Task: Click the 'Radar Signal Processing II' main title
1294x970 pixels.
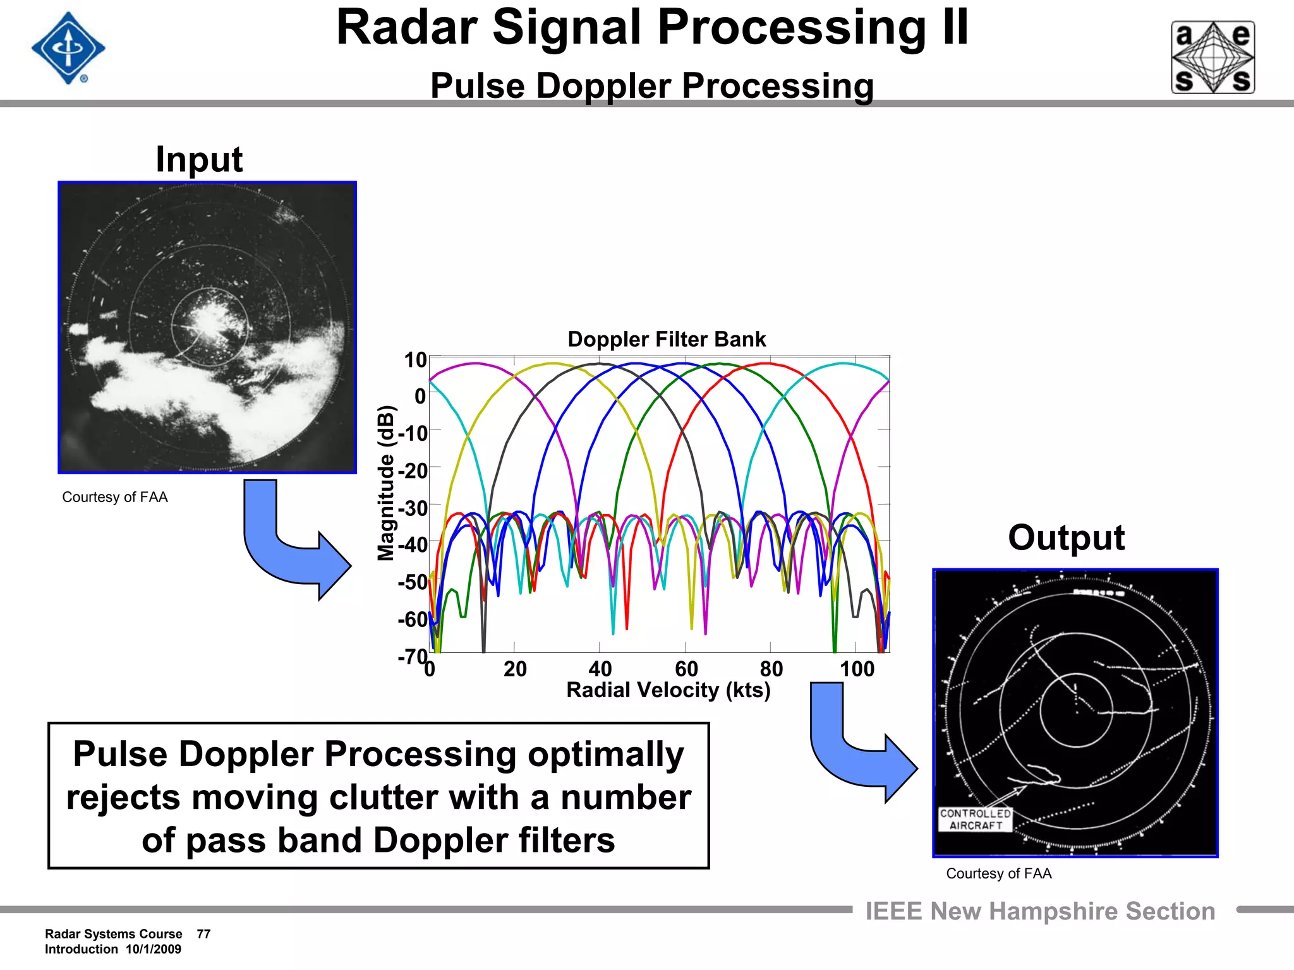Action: pyautogui.click(x=652, y=28)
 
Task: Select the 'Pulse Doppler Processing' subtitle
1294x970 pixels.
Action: pyautogui.click(x=652, y=86)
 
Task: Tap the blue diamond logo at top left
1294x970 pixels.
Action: pyautogui.click(x=68, y=48)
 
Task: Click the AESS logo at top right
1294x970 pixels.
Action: pyautogui.click(x=1212, y=57)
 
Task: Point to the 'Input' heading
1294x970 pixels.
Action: pyautogui.click(x=199, y=159)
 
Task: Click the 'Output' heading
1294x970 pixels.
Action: pyautogui.click(x=1066, y=538)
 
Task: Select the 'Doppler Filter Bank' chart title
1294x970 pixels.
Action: pyautogui.click(x=667, y=339)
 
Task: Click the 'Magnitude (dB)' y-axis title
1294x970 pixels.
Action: pyautogui.click(x=385, y=483)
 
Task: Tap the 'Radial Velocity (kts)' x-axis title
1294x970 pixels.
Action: pyautogui.click(x=668, y=690)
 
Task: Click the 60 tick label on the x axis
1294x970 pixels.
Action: pyautogui.click(x=686, y=669)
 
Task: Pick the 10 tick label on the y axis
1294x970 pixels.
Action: pyautogui.click(x=415, y=360)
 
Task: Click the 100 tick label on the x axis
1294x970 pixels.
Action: pyautogui.click(x=857, y=669)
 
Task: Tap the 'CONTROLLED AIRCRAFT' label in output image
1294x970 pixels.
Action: pyautogui.click(x=976, y=820)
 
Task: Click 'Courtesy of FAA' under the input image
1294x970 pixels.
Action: pyautogui.click(x=115, y=497)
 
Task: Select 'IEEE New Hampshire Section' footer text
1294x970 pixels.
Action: pyautogui.click(x=1040, y=911)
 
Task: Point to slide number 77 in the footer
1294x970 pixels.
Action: pyautogui.click(x=203, y=934)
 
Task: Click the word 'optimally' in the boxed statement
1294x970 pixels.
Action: pyautogui.click(x=605, y=754)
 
